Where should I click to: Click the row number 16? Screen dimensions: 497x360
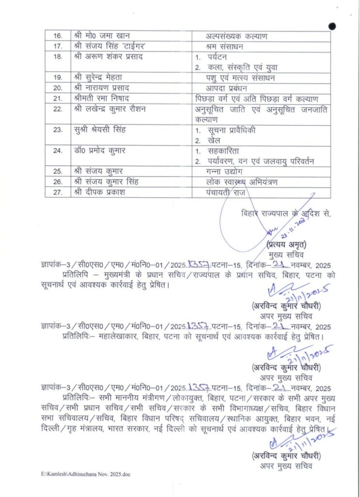[x=58, y=36]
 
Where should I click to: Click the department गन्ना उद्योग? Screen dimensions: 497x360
[x=224, y=172]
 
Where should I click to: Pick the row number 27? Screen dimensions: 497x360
[x=58, y=192]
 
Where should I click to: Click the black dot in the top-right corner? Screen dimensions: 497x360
[x=332, y=26]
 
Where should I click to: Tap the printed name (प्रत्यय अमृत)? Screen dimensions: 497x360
[x=286, y=246]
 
